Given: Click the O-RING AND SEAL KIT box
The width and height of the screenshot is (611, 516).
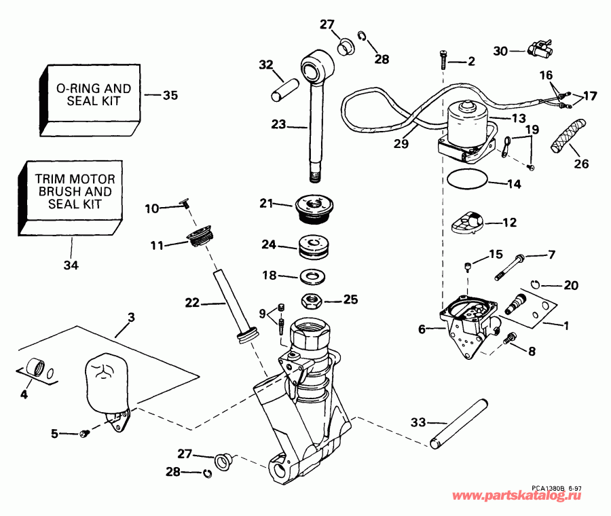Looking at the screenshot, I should (93, 94).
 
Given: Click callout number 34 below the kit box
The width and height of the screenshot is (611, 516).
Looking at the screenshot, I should (71, 265).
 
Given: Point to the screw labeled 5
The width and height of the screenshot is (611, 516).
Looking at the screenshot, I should (83, 433).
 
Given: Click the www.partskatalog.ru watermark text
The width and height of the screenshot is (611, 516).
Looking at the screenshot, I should (529, 497).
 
